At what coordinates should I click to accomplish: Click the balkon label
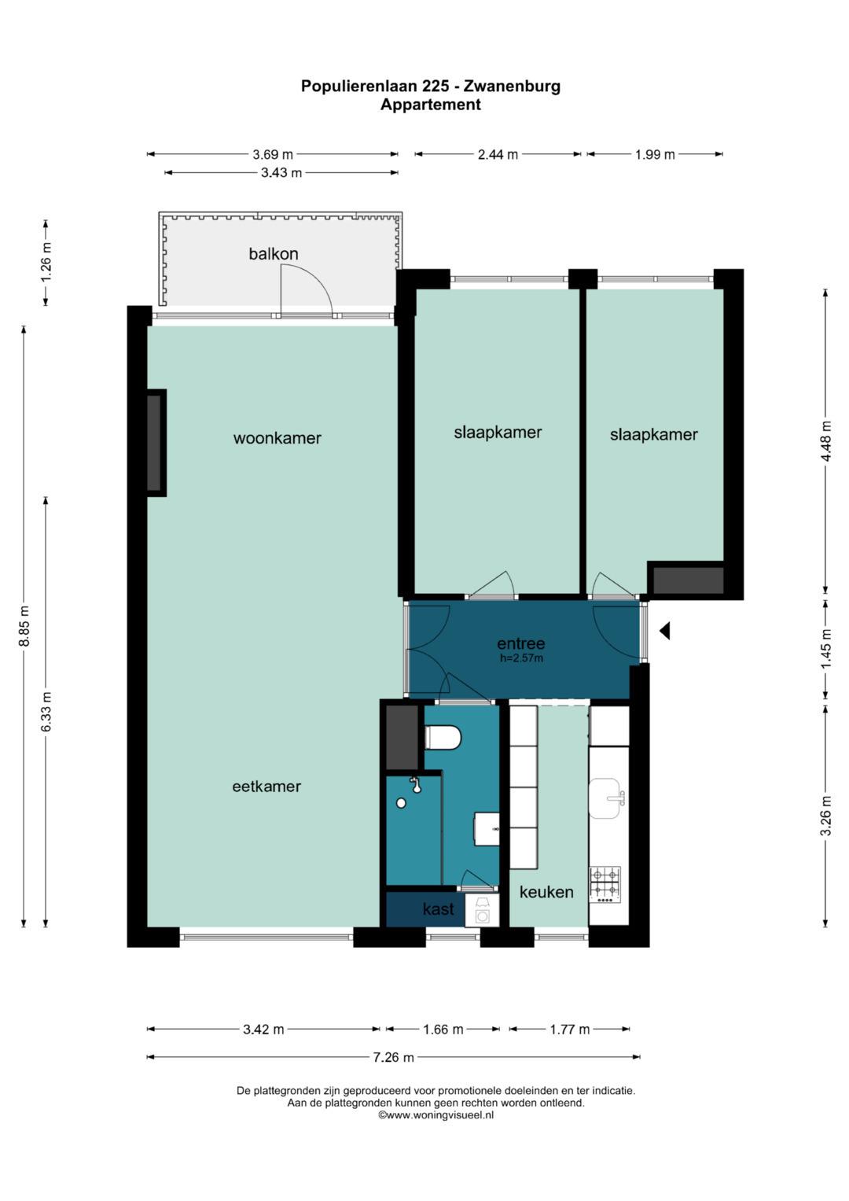point(274,254)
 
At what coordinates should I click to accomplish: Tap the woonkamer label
point(277,438)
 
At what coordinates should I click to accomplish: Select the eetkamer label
point(266,787)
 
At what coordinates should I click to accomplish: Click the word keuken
point(546,892)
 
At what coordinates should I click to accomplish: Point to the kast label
point(438,909)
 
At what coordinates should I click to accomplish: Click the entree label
point(520,643)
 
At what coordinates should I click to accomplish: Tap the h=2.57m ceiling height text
point(521,658)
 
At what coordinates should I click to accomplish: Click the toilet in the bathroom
point(443,738)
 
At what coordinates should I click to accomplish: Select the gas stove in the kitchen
point(605,884)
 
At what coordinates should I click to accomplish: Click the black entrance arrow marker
point(664,630)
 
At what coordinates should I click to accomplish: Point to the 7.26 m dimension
point(393,1058)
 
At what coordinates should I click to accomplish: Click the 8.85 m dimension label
point(24,626)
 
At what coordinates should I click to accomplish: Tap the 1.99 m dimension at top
point(655,155)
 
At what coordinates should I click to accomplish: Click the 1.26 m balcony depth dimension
point(46,263)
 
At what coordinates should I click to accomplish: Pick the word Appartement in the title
point(430,105)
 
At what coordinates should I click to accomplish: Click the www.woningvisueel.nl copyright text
point(436,1114)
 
